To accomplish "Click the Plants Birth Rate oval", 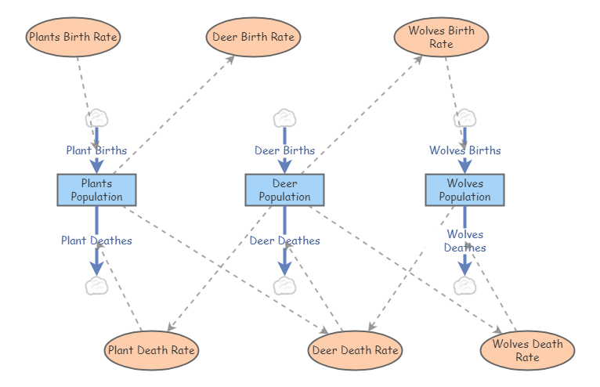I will (73, 37).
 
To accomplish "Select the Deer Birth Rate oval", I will (253, 37).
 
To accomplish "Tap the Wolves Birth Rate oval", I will (441, 38).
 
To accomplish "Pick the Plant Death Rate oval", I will (151, 350).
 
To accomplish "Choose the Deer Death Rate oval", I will (355, 350).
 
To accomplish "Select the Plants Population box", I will (96, 190).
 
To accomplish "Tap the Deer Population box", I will (284, 190).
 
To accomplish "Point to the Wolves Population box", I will (464, 190).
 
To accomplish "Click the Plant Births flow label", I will (96, 150).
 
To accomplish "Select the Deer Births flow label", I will (284, 150).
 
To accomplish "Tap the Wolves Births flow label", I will (464, 150).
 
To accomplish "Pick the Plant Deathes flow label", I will (96, 241).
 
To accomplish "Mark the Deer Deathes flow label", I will (284, 241).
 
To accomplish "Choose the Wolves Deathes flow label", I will (464, 241).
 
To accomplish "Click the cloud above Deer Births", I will (284, 119).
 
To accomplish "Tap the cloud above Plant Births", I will (96, 119).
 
